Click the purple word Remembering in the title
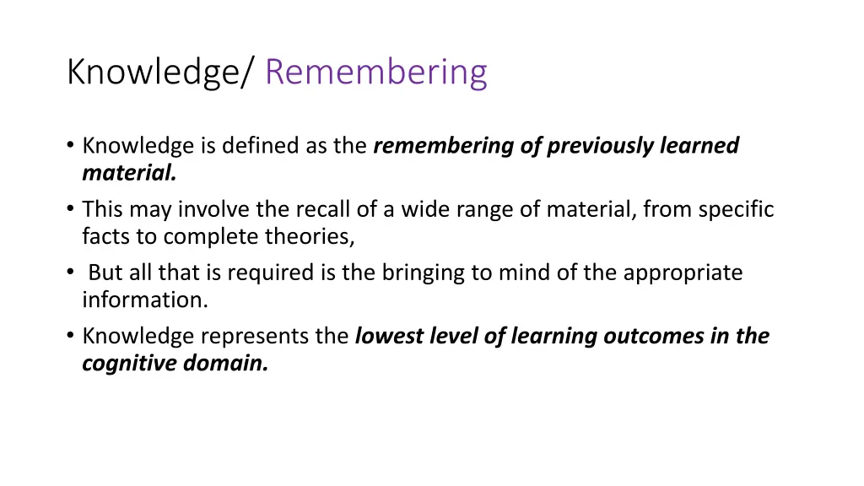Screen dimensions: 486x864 (375, 73)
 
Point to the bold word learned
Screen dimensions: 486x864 (699, 146)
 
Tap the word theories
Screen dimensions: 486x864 (310, 236)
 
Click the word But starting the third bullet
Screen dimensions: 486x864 (105, 273)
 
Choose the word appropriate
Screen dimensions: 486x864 (683, 273)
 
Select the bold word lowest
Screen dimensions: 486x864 (390, 336)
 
